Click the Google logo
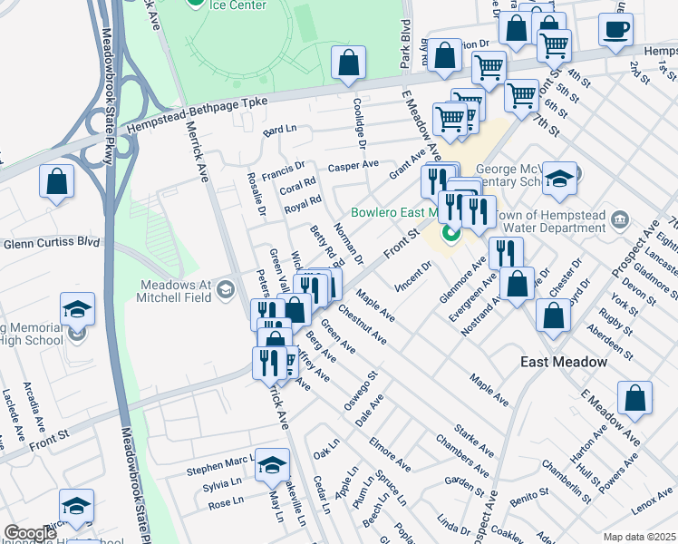[30, 533]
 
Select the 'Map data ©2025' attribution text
[638, 537]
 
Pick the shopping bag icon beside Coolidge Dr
[348, 63]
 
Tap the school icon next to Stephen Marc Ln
[270, 465]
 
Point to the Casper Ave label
[354, 165]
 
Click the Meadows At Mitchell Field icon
[225, 289]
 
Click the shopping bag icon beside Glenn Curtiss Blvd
[56, 180]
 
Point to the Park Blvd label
[405, 41]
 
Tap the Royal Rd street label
[303, 204]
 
